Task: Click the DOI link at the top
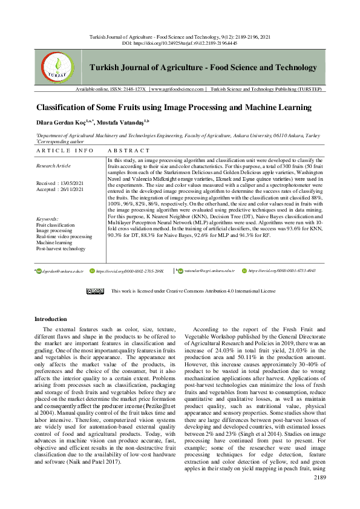pyautogui.click(x=180, y=44)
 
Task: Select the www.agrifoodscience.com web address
pyautogui.click(x=178, y=106)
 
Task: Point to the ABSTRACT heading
pyautogui.click(x=129, y=150)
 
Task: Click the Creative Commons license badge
pyautogui.click(x=95, y=291)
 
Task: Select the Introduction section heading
pyautogui.click(x=51, y=319)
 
